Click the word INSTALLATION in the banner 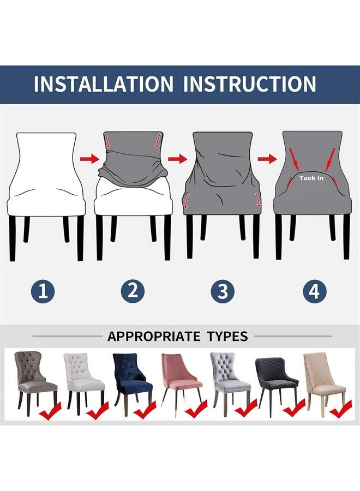click(x=103, y=84)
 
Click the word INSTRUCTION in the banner click(x=249, y=84)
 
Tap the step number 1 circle click(x=43, y=291)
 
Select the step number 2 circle click(x=132, y=291)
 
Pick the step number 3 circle click(x=223, y=291)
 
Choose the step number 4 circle click(x=314, y=291)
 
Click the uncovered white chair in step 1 click(x=46, y=175)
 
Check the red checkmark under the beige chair click(x=341, y=409)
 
